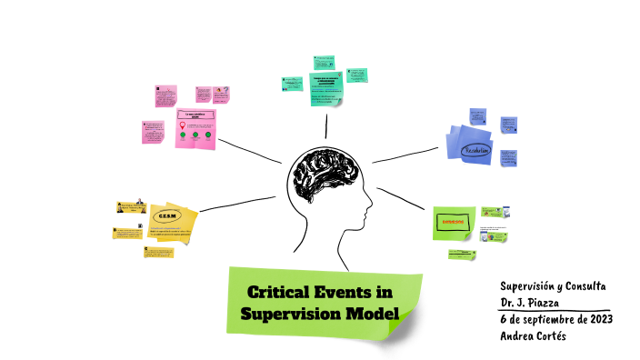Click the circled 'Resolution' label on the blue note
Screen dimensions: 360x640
pos(475,150)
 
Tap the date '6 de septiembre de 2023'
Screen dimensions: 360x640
pos(555,319)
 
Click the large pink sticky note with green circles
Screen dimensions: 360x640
pos(195,128)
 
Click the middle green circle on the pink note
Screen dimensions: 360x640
pos(195,135)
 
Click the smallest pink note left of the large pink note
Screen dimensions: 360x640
pos(154,131)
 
